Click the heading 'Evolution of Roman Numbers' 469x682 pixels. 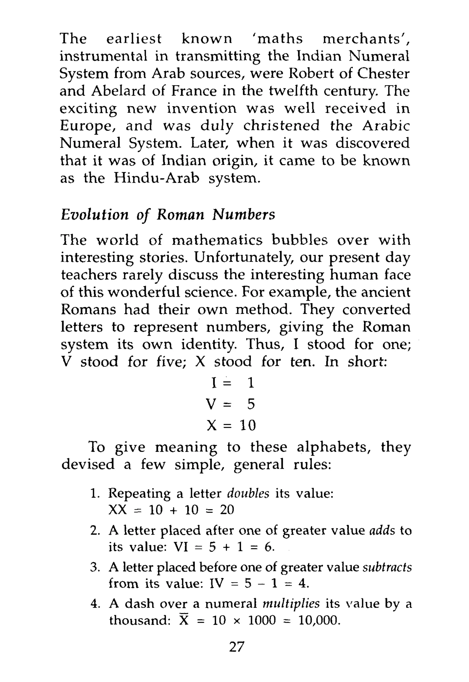point(168,215)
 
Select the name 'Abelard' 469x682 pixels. point(118,91)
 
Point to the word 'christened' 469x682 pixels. point(281,126)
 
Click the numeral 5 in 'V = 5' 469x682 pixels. point(251,404)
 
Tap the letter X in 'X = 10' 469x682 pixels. point(212,425)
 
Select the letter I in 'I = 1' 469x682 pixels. point(214,383)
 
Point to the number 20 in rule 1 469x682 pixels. point(227,510)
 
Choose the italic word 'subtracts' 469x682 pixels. point(387,567)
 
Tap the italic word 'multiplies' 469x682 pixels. point(291,604)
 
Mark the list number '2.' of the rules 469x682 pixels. point(95,531)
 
